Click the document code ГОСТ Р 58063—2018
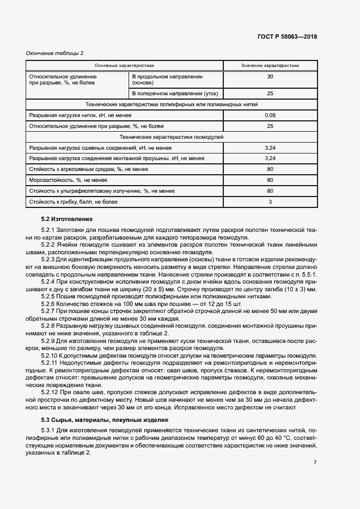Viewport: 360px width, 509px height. [286, 37]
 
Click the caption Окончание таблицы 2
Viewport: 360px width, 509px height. [55, 53]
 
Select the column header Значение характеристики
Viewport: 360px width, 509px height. [270, 66]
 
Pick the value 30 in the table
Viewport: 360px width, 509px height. [270, 77]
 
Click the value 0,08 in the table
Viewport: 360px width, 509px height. [270, 115]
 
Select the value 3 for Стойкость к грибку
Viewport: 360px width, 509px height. [270, 202]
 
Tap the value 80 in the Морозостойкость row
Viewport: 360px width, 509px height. [270, 180]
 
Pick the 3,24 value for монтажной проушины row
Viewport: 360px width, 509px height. [270, 158]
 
